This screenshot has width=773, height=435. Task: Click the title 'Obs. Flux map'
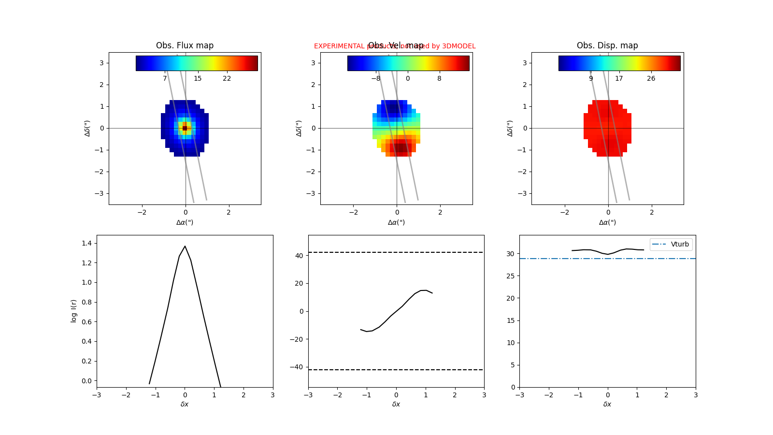tap(185, 45)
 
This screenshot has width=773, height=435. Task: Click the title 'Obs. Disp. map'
tap(607, 45)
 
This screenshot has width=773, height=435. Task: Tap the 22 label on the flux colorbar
tap(227, 78)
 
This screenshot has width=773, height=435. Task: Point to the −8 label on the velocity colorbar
tap(375, 78)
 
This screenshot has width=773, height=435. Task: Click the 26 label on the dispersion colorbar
tap(651, 78)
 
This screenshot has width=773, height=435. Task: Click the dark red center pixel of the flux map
tap(185, 128)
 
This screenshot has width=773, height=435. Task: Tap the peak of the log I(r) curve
tap(185, 246)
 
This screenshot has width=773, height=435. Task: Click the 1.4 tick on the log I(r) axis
tap(86, 243)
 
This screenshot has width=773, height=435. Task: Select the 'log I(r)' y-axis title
tap(73, 311)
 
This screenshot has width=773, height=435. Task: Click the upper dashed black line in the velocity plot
tap(396, 252)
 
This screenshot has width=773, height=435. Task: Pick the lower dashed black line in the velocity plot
tap(396, 370)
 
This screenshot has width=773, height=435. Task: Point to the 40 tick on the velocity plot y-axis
tap(299, 256)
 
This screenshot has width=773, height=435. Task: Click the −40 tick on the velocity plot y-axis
tap(297, 367)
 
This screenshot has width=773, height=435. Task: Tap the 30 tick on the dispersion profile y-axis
tap(510, 254)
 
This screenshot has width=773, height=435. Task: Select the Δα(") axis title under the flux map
tap(185, 222)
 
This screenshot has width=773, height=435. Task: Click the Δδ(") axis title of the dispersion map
tap(510, 128)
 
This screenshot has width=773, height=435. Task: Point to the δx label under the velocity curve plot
tap(396, 404)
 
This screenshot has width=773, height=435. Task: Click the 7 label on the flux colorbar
tap(165, 78)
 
